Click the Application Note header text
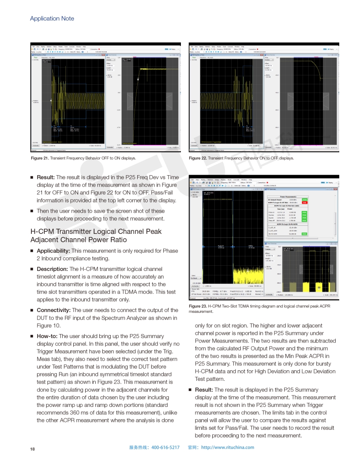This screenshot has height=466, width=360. pyautogui.click(x=52, y=19)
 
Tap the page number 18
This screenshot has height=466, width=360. pyautogui.click(x=32, y=449)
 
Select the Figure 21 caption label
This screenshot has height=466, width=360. pyautogui.click(x=40, y=158)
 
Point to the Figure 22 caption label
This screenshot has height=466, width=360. pyautogui.click(x=198, y=158)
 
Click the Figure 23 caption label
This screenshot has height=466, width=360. pyautogui.click(x=198, y=306)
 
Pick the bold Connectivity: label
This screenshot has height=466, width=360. pyautogui.click(x=53, y=310)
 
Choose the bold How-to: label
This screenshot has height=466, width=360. pyautogui.click(x=48, y=336)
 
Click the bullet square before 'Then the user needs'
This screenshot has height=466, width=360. pyautogui.click(x=32, y=211)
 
